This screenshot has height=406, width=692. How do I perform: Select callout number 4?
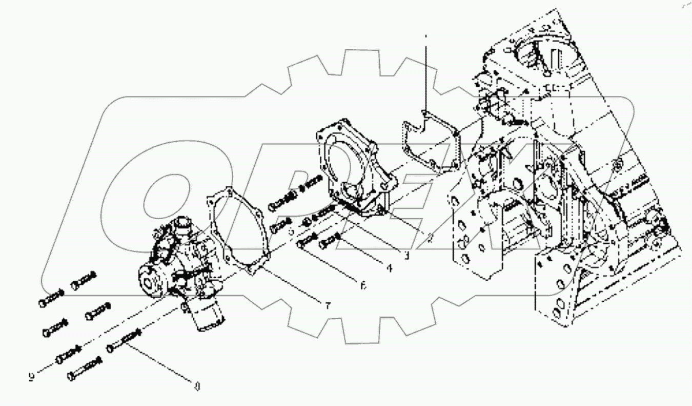[x=390, y=267]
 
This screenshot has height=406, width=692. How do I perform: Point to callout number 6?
[x=363, y=285]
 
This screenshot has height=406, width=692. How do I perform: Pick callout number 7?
[x=328, y=305]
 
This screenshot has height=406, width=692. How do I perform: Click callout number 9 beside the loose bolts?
[x=32, y=377]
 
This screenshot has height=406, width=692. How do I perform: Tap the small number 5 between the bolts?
[x=291, y=231]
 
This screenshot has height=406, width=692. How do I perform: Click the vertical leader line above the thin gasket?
[x=425, y=72]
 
